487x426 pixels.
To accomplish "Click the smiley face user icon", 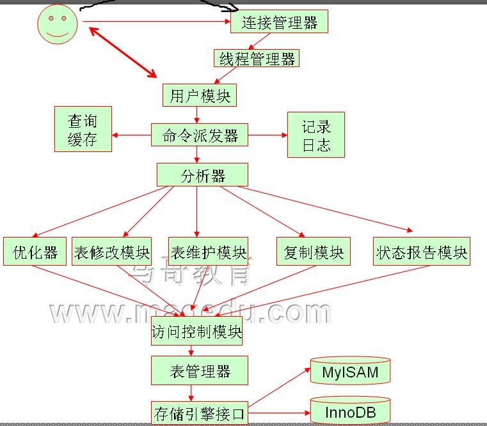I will tap(58, 24).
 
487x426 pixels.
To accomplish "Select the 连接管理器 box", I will tap(279, 23).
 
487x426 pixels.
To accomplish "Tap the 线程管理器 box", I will tap(257, 59).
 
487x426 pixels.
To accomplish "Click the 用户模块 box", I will tap(200, 96).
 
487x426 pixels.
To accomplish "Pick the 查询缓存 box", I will tap(83, 130).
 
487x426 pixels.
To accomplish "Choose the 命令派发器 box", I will tap(199, 135).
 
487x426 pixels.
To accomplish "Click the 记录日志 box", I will tap(316, 135).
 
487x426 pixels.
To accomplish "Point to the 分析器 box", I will tap(202, 175).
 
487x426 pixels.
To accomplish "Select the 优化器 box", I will tap(35, 252).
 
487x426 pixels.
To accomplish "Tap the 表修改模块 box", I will tap(112, 252).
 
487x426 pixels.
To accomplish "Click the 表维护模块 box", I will tap(207, 252).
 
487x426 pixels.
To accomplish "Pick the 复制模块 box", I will tap(313, 252).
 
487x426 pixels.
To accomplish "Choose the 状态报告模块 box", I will tap(422, 252).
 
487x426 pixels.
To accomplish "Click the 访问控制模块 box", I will tap(197, 332).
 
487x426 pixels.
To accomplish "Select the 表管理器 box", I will tap(199, 370).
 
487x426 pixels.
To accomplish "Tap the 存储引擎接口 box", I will tap(199, 413).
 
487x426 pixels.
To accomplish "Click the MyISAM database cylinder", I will tap(350, 371).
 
